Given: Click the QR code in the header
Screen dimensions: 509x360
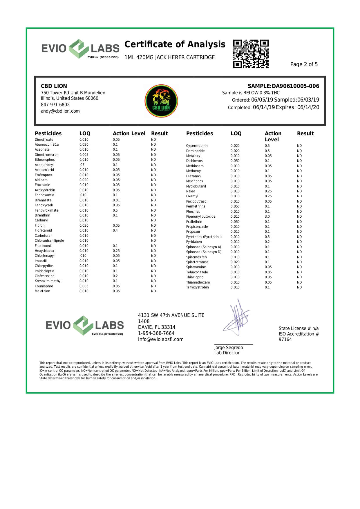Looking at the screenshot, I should coord(251,54).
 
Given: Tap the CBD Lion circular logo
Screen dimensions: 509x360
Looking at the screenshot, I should coord(161,101).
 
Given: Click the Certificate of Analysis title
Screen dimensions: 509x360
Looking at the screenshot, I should coord(175,44).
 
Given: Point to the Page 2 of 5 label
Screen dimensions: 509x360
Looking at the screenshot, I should coord(304,64).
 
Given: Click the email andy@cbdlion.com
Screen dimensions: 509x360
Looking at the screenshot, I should coord(60,111).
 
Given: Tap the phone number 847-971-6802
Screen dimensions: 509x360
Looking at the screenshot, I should coord(55,105).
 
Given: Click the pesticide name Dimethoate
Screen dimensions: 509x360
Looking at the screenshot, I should coord(44,140).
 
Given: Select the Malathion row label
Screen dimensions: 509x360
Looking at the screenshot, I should coord(42,291).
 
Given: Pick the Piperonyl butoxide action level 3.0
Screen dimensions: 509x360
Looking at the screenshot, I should coord(267,216).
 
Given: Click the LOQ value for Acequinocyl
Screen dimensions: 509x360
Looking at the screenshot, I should coord(82,165).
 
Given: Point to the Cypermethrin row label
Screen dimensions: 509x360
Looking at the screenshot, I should coord(197,146).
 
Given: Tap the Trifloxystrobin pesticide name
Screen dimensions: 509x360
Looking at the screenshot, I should coord(197,287).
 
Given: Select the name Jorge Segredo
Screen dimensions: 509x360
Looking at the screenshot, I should coord(228,347).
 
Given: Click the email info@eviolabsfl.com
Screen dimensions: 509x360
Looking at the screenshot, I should coord(161,340).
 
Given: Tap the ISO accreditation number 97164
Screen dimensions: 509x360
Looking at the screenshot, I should coord(285,340).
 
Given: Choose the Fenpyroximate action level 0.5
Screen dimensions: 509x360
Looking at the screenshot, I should coord(115,210).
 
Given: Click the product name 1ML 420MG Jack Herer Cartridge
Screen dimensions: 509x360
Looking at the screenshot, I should coord(169,57).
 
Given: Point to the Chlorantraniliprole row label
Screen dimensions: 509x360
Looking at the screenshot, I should coord(49,241).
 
